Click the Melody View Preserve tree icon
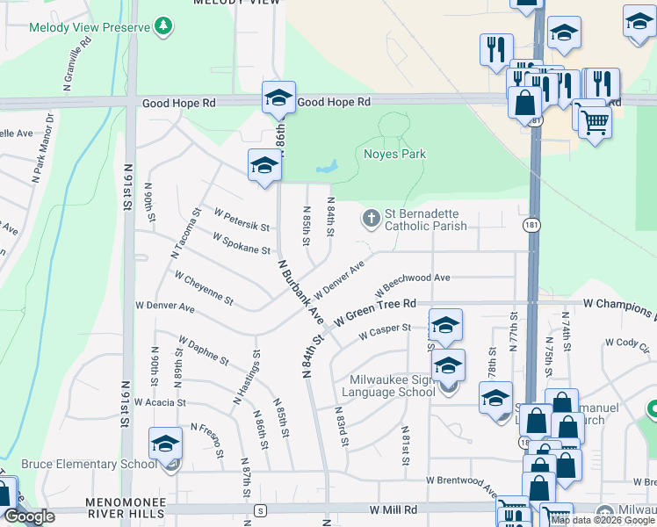(162, 27)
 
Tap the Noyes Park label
(394, 155)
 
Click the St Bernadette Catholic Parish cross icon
(371, 218)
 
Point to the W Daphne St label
(203, 350)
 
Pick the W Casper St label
(385, 331)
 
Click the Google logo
(29, 516)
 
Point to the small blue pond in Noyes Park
(326, 166)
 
